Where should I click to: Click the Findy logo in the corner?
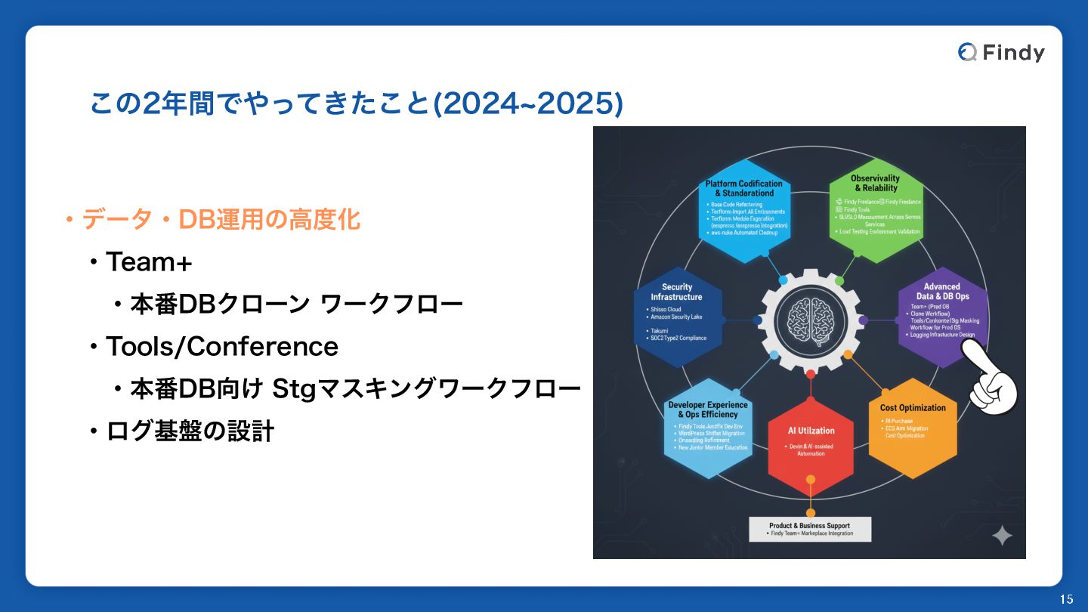coord(1001,52)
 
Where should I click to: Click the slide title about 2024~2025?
coord(356,104)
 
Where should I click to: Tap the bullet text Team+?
coord(149,262)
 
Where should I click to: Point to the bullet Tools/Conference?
coord(221,347)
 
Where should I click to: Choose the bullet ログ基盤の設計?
coord(190,431)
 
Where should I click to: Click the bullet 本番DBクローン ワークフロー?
coord(296,304)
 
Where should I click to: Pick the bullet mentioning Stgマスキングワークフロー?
coord(355,389)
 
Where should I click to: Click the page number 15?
coord(1066,599)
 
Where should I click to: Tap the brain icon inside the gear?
coord(810,320)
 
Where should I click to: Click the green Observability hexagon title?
coord(875,184)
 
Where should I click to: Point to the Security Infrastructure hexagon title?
coord(676,292)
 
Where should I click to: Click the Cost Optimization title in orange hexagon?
coord(913,408)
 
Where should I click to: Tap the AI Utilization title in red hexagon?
coord(811,431)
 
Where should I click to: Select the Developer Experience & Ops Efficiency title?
coord(708,410)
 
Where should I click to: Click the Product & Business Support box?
coord(810,529)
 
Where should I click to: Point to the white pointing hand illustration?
coord(991,382)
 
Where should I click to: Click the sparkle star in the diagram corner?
coord(1002,536)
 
